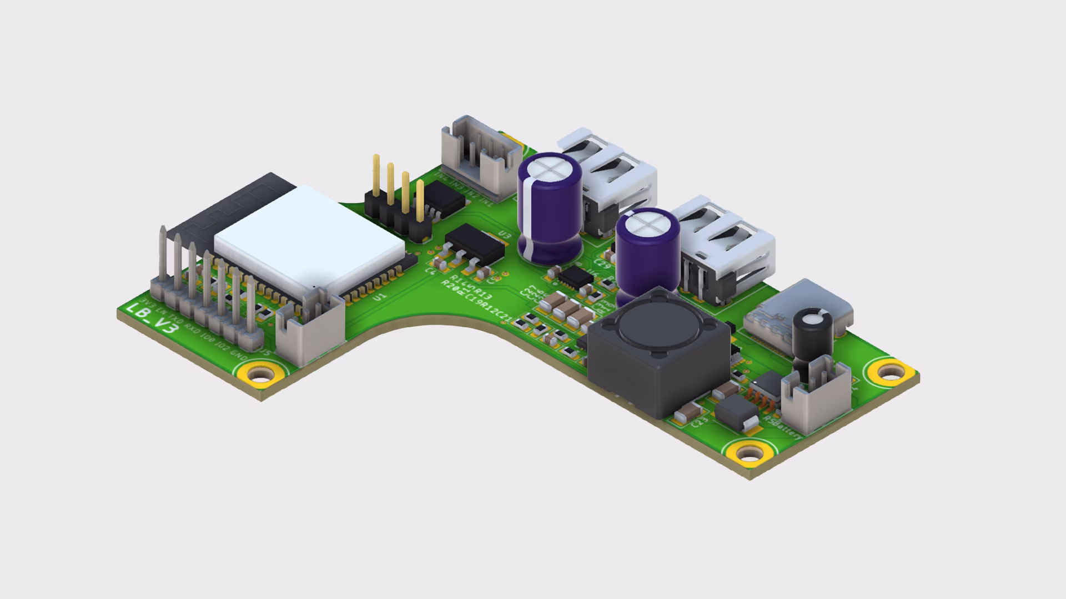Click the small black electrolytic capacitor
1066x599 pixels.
pyautogui.click(x=812, y=333)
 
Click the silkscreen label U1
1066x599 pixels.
pyautogui.click(x=380, y=298)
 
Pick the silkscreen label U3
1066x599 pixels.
pyautogui.click(x=504, y=235)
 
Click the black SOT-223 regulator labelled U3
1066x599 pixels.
pyautogui.click(x=474, y=246)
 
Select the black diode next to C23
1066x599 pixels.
pyautogui.click(x=737, y=415)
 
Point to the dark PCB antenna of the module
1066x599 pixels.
pyautogui.click(x=233, y=205)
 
